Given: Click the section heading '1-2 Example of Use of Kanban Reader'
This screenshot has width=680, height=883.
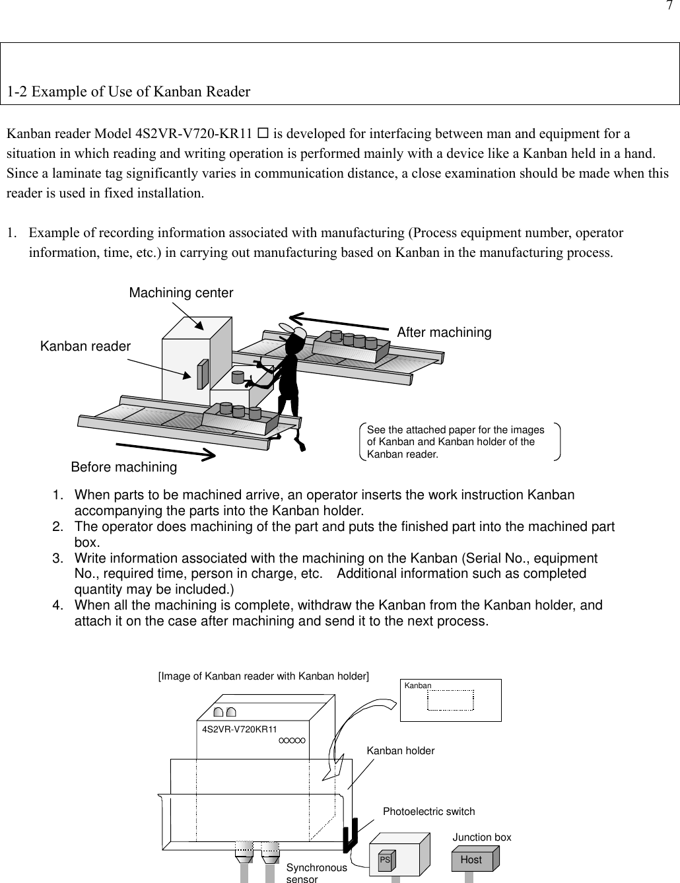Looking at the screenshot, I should coord(129,92).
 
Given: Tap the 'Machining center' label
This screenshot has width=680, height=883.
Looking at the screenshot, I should coord(181,293).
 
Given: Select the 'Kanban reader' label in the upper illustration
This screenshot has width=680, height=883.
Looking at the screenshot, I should coord(85,346).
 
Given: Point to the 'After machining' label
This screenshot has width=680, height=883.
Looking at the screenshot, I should coord(444,333).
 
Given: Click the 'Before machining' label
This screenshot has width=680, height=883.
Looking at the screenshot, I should coord(123,467).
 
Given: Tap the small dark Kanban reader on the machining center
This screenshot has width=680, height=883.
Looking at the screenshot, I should coord(202,374).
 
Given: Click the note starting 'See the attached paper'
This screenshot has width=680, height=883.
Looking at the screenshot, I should coord(456,442).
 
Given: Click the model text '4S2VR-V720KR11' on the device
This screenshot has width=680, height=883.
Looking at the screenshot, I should coord(239,729).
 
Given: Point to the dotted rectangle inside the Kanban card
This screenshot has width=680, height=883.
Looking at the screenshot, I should coord(450,701).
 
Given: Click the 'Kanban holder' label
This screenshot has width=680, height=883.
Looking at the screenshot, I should coord(401,751).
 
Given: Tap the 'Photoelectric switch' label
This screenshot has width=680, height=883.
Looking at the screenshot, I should coord(428,811).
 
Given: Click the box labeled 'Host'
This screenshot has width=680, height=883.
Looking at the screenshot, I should coord(471,859).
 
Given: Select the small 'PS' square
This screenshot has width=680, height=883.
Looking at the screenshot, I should coord(385,861).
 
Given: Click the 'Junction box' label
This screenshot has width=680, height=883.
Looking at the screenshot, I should coord(481,837).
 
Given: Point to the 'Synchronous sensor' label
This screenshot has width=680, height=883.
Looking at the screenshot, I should coord(316,873).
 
